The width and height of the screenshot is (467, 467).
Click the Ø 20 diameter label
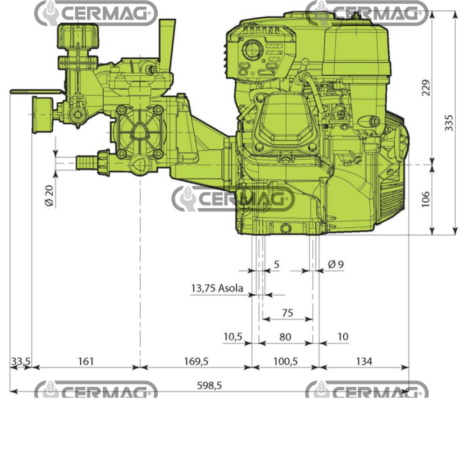[50, 195]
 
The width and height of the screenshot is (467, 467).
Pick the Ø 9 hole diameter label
[335, 264]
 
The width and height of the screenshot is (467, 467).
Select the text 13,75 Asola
[217, 288]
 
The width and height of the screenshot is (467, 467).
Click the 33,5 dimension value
[21, 361]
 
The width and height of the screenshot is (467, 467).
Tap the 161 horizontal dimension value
[86, 361]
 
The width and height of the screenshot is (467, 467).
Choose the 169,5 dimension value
[196, 361]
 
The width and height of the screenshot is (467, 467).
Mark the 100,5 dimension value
[285, 361]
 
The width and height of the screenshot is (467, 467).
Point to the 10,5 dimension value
[234, 337]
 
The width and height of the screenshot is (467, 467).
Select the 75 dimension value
[288, 313]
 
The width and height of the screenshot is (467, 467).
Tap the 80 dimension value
[285, 337]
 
